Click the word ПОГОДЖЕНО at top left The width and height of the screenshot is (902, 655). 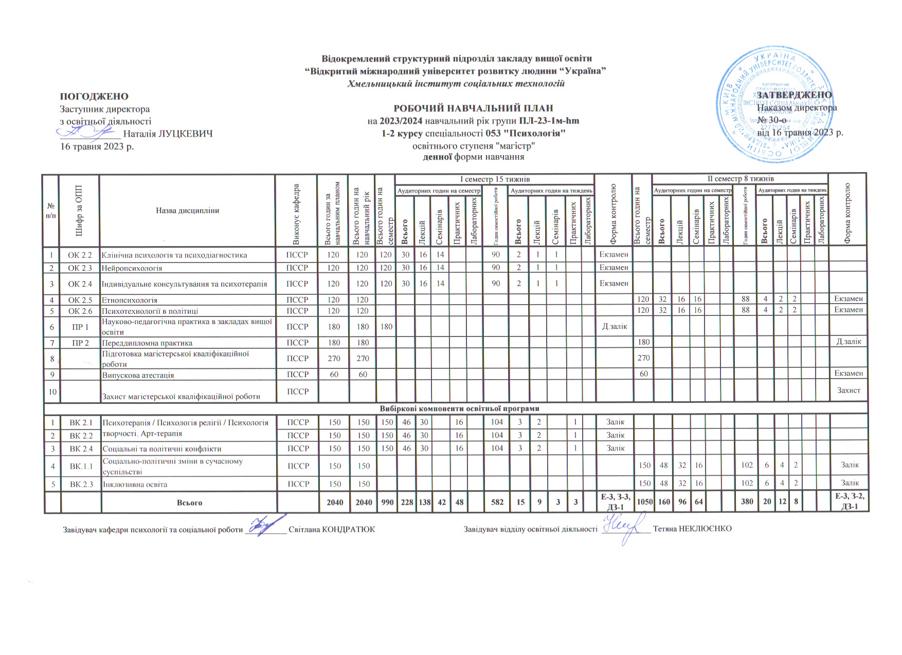[94, 97]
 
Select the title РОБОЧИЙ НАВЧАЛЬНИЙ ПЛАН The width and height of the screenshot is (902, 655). [473, 108]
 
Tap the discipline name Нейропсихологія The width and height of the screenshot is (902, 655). [132, 268]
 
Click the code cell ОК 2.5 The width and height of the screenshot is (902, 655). [80, 300]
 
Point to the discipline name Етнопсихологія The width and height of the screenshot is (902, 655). [130, 300]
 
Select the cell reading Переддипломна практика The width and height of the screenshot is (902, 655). [147, 343]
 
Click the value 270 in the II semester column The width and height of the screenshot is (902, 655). [643, 358]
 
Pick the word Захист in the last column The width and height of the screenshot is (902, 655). [849, 390]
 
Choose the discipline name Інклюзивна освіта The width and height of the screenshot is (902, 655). [135, 484]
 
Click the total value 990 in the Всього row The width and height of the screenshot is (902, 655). [386, 502]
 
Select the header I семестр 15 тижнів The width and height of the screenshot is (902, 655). [494, 179]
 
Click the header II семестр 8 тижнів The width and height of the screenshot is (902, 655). [740, 179]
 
